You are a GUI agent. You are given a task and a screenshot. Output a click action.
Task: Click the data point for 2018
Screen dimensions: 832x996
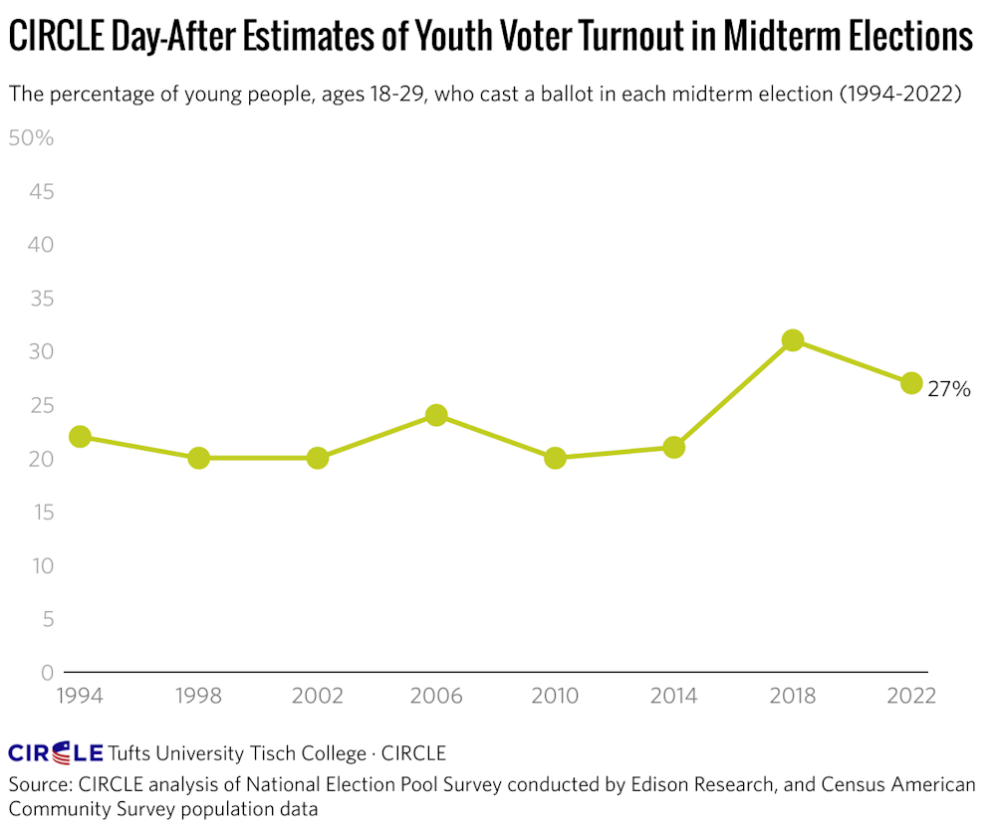pos(793,340)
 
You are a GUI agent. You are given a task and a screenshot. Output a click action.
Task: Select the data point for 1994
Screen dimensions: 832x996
pos(80,437)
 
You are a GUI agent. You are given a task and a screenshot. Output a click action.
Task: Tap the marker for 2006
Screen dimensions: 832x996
pos(436,415)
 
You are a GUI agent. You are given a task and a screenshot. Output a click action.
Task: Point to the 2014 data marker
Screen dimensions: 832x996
pos(674,447)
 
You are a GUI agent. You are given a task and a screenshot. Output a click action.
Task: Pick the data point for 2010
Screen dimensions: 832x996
pos(556,458)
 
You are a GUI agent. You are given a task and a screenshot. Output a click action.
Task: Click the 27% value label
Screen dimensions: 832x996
pos(948,390)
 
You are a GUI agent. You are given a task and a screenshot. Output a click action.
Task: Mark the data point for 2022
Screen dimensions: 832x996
pos(911,383)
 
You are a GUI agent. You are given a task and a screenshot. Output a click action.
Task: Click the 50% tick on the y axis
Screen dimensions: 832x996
pos(31,137)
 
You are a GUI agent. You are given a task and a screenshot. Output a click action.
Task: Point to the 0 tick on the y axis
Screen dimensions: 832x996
pos(46,673)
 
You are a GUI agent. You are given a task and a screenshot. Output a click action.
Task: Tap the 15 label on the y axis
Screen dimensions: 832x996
pos(40,513)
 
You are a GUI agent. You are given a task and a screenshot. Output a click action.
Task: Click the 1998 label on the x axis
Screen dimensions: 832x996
pos(198,696)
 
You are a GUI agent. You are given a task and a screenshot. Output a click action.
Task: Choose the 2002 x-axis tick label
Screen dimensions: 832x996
pos(318,696)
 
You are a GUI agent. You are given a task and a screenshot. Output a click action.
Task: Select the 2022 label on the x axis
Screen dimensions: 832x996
pos(911,696)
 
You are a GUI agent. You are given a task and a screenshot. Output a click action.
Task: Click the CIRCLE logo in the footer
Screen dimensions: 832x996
pos(56,752)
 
